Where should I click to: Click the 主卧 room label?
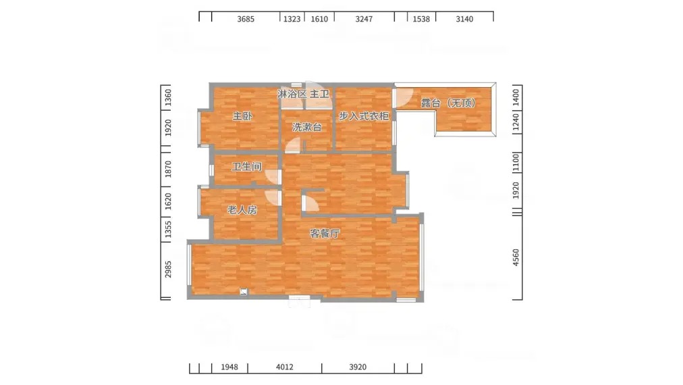(x=242, y=116)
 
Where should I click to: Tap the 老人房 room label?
(x=242, y=209)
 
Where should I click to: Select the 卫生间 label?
(x=246, y=167)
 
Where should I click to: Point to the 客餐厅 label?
(x=325, y=233)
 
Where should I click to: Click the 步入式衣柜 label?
(x=364, y=116)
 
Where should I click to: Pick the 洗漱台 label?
(x=307, y=127)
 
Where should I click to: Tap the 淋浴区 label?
(x=292, y=94)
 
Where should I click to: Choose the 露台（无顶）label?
(x=448, y=103)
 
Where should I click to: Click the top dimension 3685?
(x=246, y=19)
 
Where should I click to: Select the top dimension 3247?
(x=364, y=19)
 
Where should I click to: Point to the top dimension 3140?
(x=464, y=19)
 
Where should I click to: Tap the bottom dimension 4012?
(x=285, y=367)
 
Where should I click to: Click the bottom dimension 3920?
(x=358, y=367)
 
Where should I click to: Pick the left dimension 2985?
(x=168, y=269)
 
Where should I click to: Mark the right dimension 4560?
(x=516, y=257)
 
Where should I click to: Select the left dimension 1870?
(x=168, y=169)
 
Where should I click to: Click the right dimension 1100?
(x=516, y=162)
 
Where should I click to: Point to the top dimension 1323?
(x=292, y=19)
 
